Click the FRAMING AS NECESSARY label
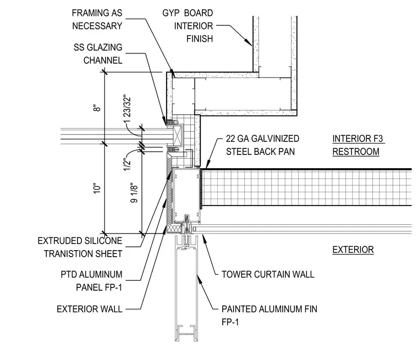[x=97, y=19]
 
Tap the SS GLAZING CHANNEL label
[x=98, y=54]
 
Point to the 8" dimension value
[x=98, y=108]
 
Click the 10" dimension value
[x=97, y=188]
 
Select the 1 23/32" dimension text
[x=128, y=109]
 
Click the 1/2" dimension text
[x=127, y=164]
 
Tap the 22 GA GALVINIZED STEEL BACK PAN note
[x=262, y=145]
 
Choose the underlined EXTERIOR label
[x=353, y=250]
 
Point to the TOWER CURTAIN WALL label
[x=268, y=274]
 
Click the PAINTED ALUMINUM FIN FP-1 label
[x=269, y=316]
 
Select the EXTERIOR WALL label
[x=90, y=309]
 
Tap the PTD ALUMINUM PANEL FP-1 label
[x=91, y=281]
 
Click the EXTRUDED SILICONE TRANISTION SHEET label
[x=80, y=247]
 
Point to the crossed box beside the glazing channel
[x=178, y=134]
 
